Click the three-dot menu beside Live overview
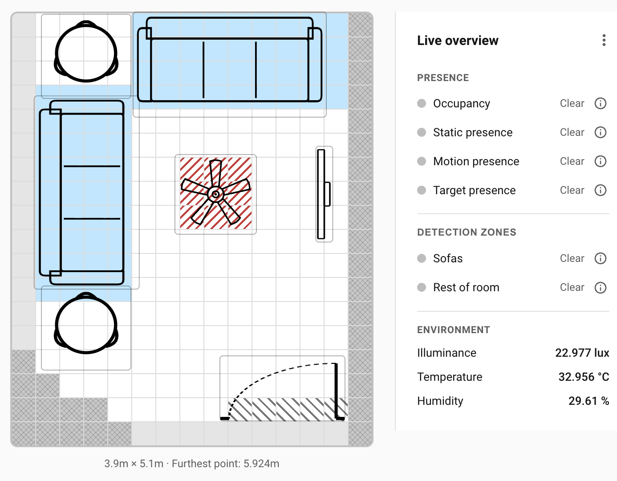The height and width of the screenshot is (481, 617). click(604, 40)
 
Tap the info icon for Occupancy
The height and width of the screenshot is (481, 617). click(601, 103)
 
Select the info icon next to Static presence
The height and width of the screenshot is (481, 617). click(601, 132)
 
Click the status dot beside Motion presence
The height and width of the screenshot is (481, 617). click(422, 161)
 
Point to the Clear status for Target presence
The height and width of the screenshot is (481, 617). click(572, 190)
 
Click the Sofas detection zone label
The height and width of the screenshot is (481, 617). click(447, 258)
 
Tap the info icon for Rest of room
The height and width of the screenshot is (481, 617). click(601, 287)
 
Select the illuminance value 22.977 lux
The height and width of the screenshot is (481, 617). click(582, 353)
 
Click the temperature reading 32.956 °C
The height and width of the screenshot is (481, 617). click(584, 377)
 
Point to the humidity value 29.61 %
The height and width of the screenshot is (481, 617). click(589, 401)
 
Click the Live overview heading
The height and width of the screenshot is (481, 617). click(458, 41)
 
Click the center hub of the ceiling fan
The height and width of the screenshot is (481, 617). click(216, 195)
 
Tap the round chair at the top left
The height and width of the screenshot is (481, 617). click(86, 53)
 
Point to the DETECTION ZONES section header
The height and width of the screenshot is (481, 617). click(467, 232)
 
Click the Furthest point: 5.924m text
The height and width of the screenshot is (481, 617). click(225, 464)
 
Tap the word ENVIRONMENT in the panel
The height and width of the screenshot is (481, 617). click(453, 330)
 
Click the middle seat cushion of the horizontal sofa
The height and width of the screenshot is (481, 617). click(230, 69)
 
